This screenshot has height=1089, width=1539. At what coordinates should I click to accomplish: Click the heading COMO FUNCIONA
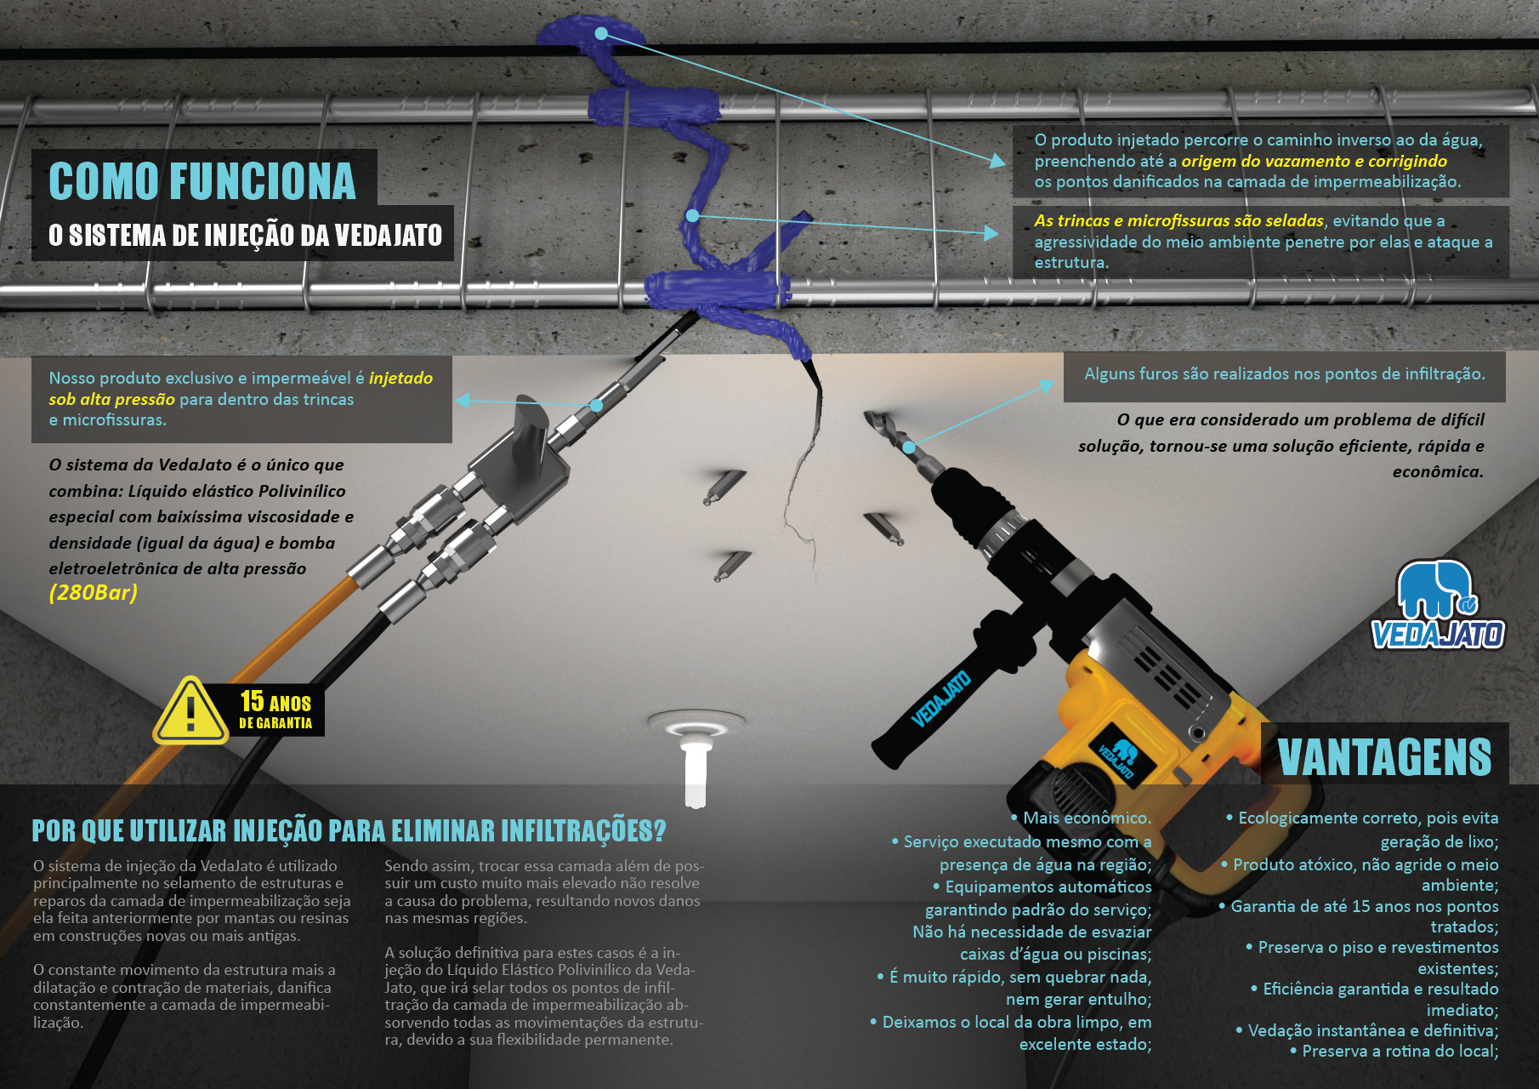[202, 180]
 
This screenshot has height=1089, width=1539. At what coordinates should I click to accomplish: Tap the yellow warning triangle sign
[190, 711]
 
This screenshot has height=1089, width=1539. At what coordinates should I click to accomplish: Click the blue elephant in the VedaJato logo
[1434, 589]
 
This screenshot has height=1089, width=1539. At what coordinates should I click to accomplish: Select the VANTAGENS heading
[1384, 756]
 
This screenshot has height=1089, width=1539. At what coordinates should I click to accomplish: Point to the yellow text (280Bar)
[93, 592]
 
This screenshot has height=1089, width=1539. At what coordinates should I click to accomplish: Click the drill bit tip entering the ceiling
[872, 419]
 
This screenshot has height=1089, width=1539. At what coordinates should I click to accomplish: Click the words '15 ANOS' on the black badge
[275, 702]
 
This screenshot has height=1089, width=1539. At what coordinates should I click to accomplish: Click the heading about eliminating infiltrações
[349, 830]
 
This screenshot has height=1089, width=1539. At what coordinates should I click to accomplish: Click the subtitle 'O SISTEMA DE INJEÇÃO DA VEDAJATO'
[245, 235]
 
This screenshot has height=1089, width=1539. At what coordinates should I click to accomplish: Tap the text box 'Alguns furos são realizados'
[1284, 375]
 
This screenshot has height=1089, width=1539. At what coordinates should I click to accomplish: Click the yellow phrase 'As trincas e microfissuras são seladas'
[1178, 220]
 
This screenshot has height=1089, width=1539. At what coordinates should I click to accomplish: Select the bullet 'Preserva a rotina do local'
[1394, 1052]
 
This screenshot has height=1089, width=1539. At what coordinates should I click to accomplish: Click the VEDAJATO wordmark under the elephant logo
[1438, 635]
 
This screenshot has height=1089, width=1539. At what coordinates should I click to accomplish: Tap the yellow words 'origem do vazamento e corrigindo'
[1314, 161]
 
